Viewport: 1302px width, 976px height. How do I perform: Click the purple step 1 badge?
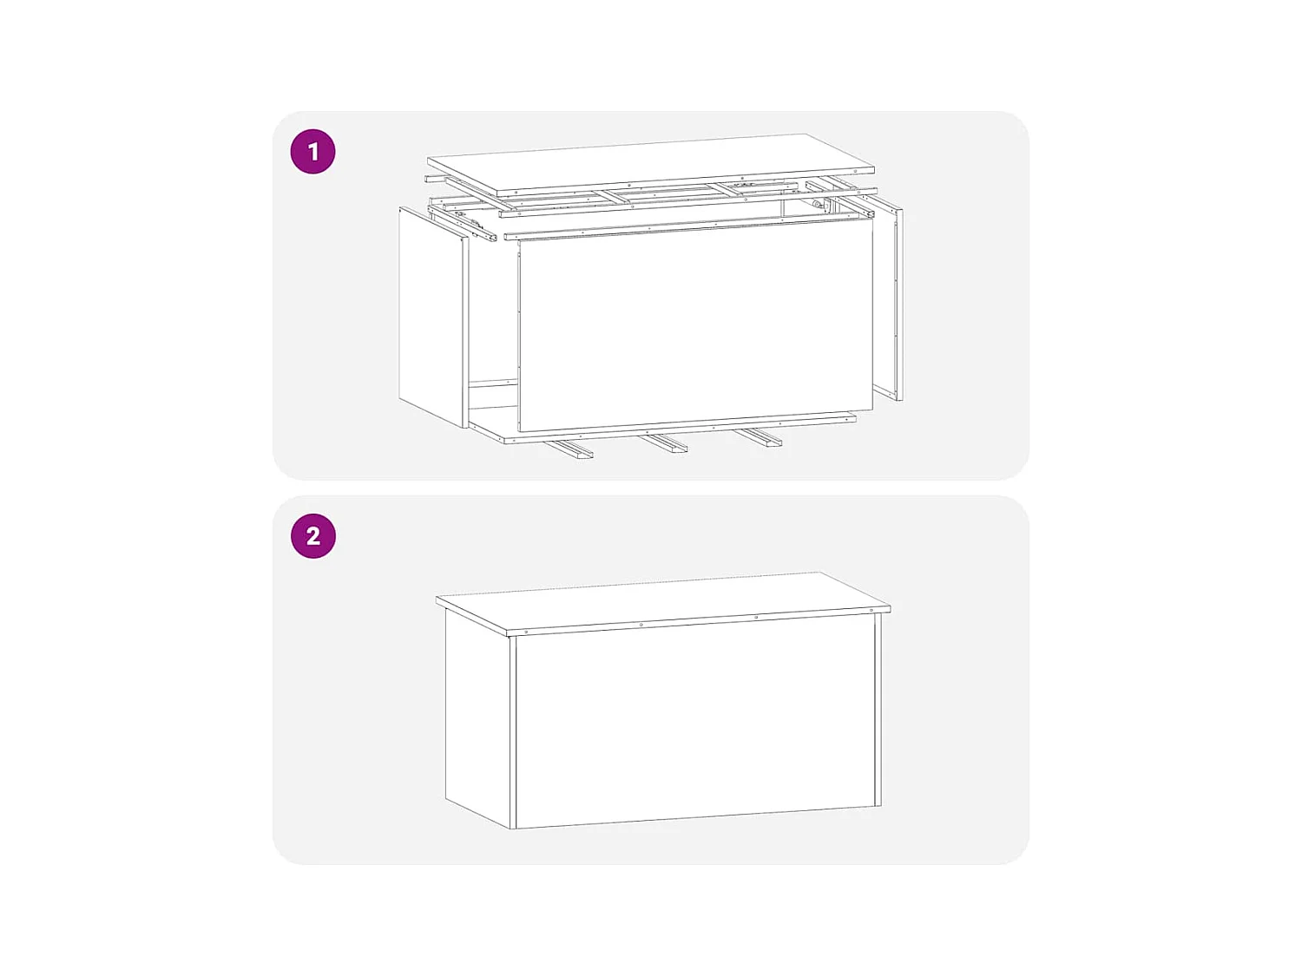(x=313, y=152)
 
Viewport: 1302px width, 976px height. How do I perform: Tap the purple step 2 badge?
(x=313, y=536)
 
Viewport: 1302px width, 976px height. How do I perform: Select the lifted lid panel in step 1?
(x=651, y=163)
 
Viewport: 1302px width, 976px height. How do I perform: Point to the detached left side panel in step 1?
(x=432, y=317)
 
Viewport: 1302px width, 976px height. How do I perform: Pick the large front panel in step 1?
(x=694, y=325)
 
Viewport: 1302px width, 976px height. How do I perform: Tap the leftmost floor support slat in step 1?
(x=569, y=449)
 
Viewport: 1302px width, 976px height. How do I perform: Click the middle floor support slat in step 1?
(x=664, y=443)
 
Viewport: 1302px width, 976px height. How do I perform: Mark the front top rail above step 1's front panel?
(x=686, y=226)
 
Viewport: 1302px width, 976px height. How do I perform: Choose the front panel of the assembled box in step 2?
(x=694, y=724)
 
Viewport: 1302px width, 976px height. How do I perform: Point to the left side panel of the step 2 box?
(x=477, y=716)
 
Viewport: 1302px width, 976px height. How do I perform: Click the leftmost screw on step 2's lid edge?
(x=525, y=632)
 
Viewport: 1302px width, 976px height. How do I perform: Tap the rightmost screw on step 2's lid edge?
(x=871, y=611)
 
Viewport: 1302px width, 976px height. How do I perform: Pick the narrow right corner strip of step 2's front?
(x=878, y=710)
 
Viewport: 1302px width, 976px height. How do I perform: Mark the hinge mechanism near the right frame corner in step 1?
(x=818, y=206)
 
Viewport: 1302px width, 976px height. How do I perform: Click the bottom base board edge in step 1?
(x=677, y=429)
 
